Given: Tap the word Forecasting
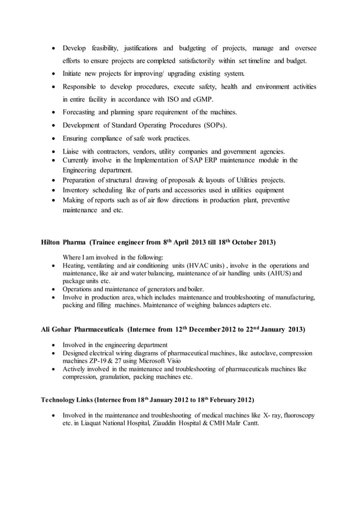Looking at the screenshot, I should pyautogui.click(x=82, y=112).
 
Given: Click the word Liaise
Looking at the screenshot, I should pyautogui.click(x=72, y=151).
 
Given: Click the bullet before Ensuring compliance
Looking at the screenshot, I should pyautogui.click(x=53, y=138).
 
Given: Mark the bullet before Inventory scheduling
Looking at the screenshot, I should pyautogui.click(x=53, y=190).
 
